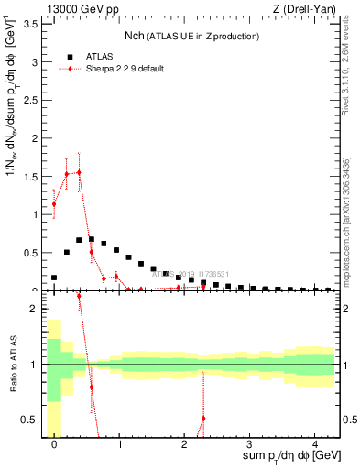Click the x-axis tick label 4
pos(314,444)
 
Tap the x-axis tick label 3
pos(249,444)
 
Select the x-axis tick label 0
pos(54,444)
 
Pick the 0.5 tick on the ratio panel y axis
pos(30,420)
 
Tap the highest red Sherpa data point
pos(79,172)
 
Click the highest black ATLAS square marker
pos(92,239)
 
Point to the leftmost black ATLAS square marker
pos(54,278)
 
